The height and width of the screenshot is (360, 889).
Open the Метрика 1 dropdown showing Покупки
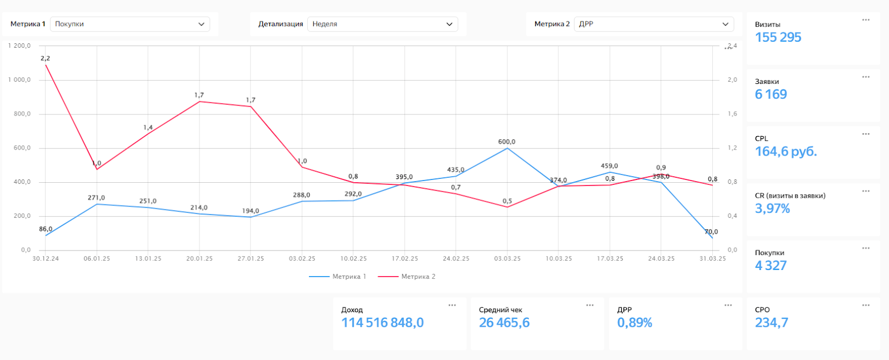coord(130,24)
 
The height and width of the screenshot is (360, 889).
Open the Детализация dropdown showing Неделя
coord(382,24)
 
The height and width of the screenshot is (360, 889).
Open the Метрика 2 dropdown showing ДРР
coord(653,24)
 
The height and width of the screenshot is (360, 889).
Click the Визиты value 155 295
coord(778,37)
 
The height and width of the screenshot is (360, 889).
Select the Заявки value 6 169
coord(771,94)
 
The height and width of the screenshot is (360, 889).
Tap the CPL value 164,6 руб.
coord(786,152)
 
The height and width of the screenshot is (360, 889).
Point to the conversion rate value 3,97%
coord(772,209)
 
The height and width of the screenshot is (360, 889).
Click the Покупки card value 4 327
coord(771,266)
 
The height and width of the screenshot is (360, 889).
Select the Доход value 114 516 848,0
coord(382,323)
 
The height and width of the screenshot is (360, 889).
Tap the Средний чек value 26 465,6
coord(504,323)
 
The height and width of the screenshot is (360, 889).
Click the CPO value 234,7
coord(771,323)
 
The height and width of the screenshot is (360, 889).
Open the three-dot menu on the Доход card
coord(452,305)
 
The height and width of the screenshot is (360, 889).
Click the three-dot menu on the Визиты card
coord(866,20)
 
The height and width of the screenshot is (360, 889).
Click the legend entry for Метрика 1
coord(338,277)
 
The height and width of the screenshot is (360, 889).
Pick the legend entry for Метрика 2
coord(407,277)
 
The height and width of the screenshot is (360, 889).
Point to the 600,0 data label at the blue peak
coord(507,142)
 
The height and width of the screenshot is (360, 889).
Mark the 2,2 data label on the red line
coord(45,58)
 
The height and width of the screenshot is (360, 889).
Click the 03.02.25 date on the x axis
coord(302,259)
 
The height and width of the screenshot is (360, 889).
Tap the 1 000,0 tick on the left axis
coord(19,80)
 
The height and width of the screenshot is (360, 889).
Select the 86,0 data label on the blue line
coord(46,229)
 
